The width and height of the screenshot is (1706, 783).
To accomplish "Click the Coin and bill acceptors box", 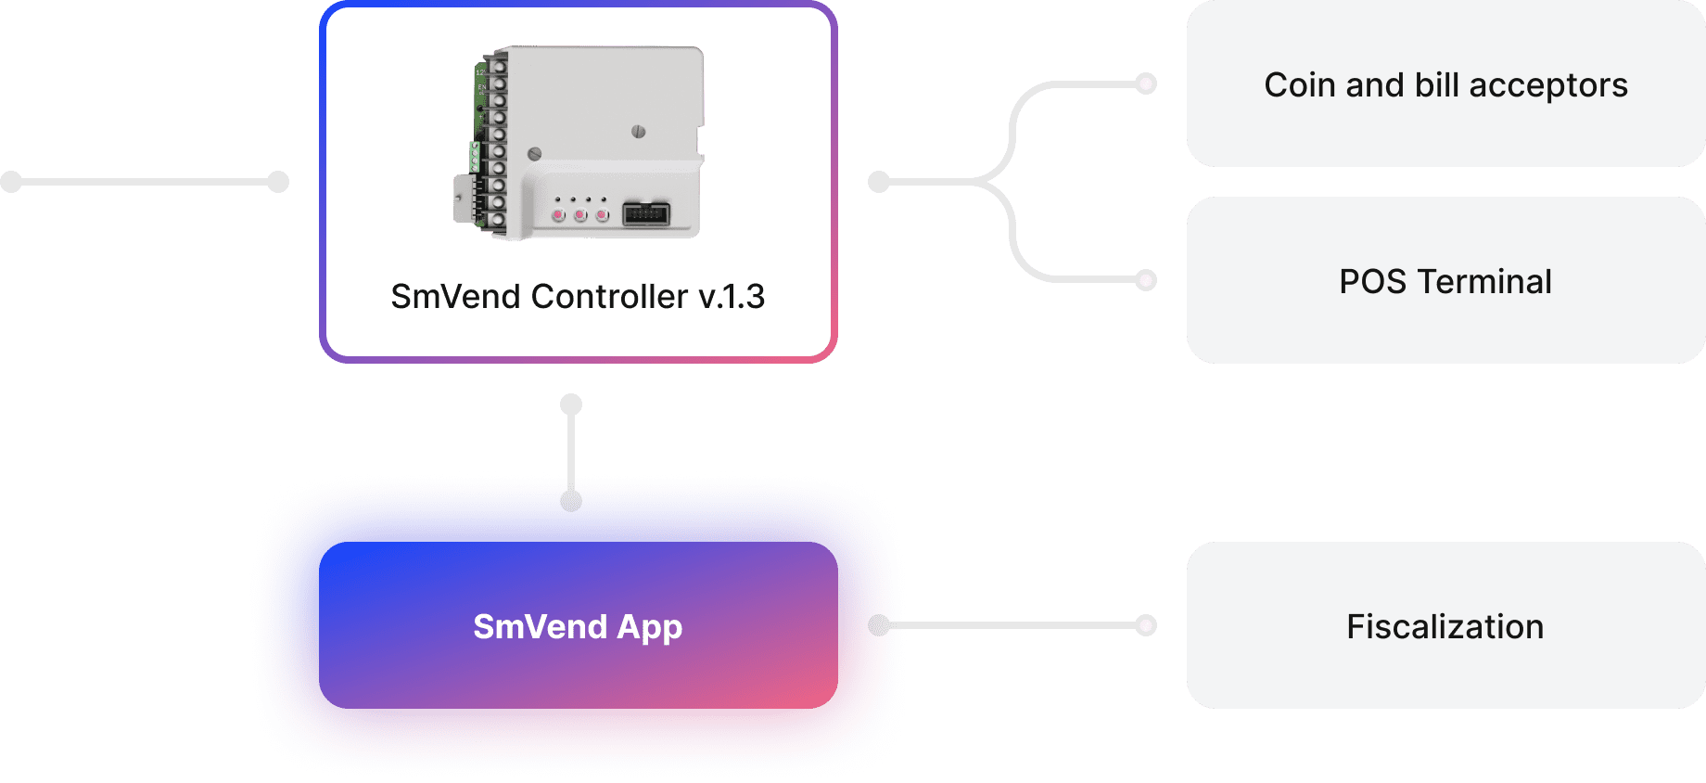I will pyautogui.click(x=1445, y=83).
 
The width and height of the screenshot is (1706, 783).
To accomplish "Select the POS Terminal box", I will pyautogui.click(x=1445, y=280).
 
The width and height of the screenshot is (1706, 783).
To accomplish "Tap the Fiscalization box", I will pyautogui.click(x=1445, y=625).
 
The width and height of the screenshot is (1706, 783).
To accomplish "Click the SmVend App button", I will pyautogui.click(x=578, y=626).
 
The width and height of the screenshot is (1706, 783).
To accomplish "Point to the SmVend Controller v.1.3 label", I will pyautogui.click(x=578, y=297).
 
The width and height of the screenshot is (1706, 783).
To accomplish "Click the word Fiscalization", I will pyautogui.click(x=1445, y=627).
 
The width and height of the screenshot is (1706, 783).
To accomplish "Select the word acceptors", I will pyautogui.click(x=1547, y=85).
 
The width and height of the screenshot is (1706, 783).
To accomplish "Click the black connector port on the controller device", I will pyautogui.click(x=646, y=214).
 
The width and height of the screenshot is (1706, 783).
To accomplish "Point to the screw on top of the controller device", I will pyautogui.click(x=638, y=132).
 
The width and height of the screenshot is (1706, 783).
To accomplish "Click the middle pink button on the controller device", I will pyautogui.click(x=580, y=215).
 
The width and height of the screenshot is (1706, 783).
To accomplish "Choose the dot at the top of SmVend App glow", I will pyautogui.click(x=571, y=501).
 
